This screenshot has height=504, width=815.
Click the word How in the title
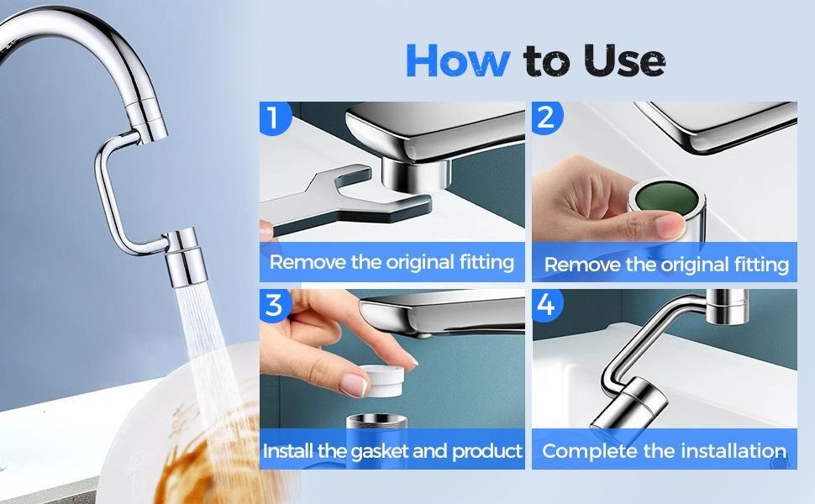458,61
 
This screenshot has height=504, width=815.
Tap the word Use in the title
619,61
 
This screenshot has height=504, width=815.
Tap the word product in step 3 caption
487,451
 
